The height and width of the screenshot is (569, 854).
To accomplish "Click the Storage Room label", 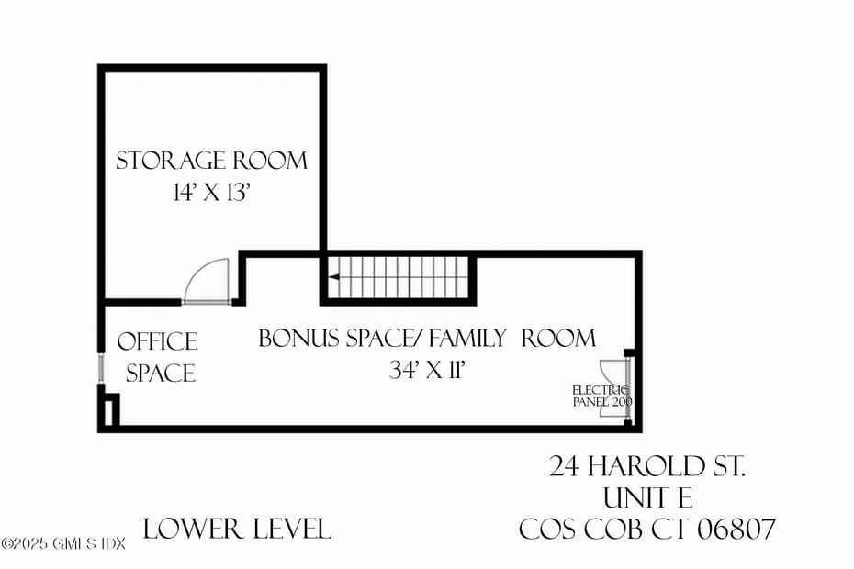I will point(211,161).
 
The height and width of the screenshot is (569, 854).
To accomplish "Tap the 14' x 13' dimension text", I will point(211,194).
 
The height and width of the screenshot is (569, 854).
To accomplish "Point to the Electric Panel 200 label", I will point(601,396).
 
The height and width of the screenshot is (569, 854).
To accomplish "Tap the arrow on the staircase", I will point(335,276).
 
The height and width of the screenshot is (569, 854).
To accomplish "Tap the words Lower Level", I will point(237,529).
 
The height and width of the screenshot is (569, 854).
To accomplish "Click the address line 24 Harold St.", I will point(647,467).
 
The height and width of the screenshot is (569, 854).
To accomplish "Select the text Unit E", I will point(647,498).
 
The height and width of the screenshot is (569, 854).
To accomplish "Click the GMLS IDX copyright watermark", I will point(62,543).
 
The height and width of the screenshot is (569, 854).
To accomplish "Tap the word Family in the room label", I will point(467,338).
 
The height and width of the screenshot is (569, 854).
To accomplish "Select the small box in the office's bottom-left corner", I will point(109,409).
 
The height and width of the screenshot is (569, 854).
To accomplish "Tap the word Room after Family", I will point(558,338).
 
